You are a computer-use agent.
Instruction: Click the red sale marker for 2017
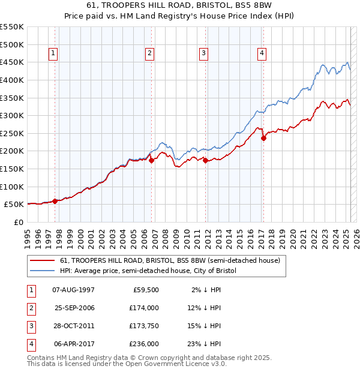(263, 138)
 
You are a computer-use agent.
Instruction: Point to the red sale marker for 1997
(55, 201)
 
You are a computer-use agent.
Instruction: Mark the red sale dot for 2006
(151, 160)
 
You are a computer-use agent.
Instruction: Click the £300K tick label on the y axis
(12, 115)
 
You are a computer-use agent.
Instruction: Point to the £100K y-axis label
(12, 187)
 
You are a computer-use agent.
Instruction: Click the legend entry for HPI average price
(148, 271)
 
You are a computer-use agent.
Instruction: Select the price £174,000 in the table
(144, 307)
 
